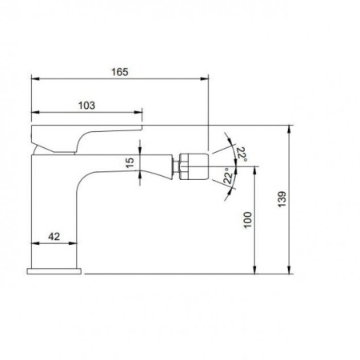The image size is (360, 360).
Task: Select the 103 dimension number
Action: click(x=87, y=105)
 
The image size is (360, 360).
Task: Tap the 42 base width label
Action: click(x=54, y=237)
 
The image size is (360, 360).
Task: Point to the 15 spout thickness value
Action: click(x=131, y=163)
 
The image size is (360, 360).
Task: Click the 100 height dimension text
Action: click(x=247, y=220)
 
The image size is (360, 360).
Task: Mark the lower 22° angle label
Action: click(x=229, y=177)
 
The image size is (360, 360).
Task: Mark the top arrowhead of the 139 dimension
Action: click(x=288, y=127)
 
